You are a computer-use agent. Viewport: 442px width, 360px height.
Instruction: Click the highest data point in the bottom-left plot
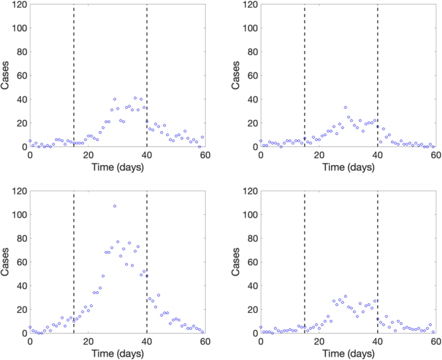point(115,206)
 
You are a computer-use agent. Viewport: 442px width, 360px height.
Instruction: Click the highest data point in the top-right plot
point(345,108)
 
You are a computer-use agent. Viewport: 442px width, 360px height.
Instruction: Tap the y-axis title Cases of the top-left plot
point(6,76)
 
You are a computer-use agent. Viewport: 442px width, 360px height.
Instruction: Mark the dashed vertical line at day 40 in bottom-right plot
point(377,258)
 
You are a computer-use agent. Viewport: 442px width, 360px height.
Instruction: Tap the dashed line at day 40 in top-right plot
point(377,65)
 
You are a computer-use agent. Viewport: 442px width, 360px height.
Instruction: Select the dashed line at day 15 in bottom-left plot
point(74,258)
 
